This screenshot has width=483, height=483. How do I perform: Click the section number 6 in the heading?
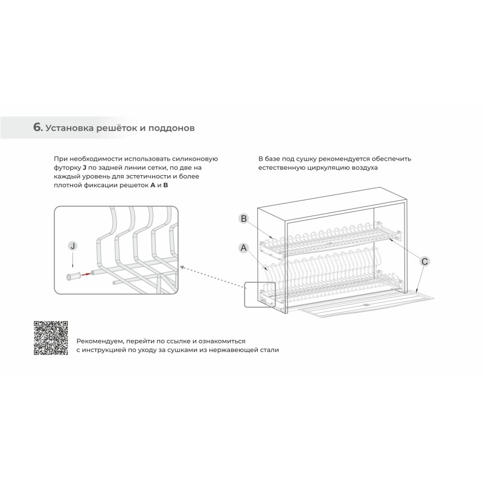click(37, 127)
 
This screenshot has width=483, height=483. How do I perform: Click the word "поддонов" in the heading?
click(171, 128)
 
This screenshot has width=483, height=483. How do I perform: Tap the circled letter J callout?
click(73, 246)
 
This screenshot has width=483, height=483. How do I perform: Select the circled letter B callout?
click(244, 219)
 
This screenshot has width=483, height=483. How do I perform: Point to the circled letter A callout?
click(244, 248)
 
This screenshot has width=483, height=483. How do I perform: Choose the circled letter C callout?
click(424, 261)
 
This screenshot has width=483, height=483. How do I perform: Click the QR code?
click(51, 338)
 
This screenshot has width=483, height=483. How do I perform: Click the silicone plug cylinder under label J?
click(74, 276)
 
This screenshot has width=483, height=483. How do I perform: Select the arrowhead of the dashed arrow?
click(182, 267)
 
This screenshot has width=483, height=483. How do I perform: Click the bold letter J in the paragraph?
click(85, 168)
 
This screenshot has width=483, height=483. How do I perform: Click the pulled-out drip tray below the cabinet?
click(366, 303)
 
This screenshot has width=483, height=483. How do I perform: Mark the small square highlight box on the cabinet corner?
click(260, 295)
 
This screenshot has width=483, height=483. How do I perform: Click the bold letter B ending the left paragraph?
click(165, 185)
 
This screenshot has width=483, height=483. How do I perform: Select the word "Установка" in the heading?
click(69, 128)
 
